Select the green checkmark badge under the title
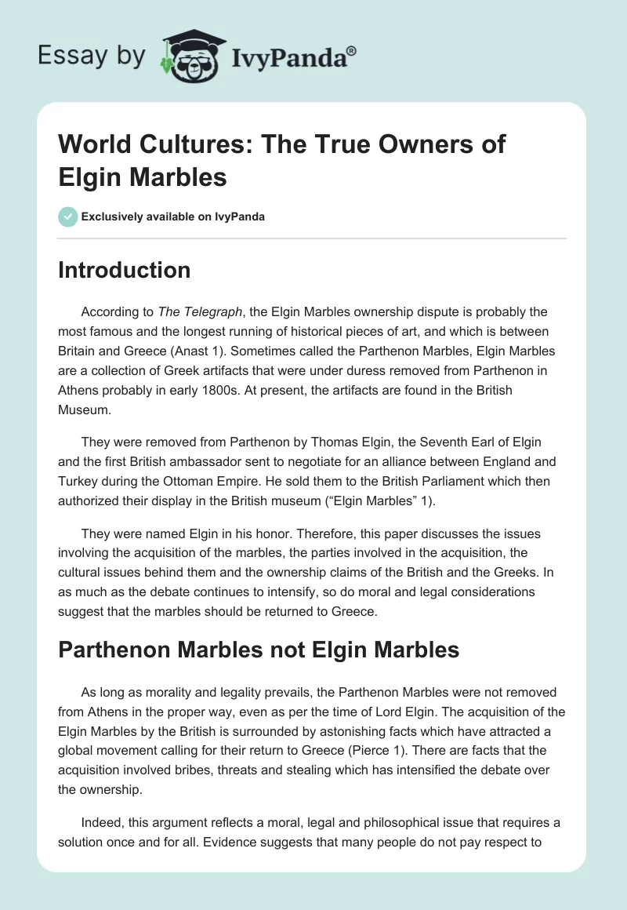coord(68,217)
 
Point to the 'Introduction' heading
coord(125,270)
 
